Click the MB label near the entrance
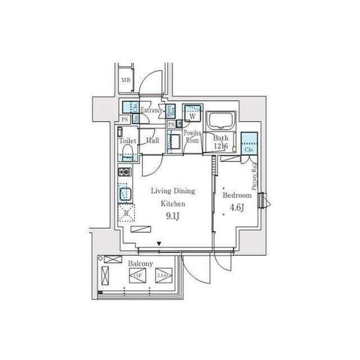point(125,80)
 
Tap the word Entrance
point(151,110)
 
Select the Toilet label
point(128,141)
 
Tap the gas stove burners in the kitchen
point(125,172)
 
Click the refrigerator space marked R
point(127,213)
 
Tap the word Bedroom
point(237,195)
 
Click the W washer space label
point(192,116)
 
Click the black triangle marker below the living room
point(160,244)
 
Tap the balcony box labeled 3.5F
point(137,276)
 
